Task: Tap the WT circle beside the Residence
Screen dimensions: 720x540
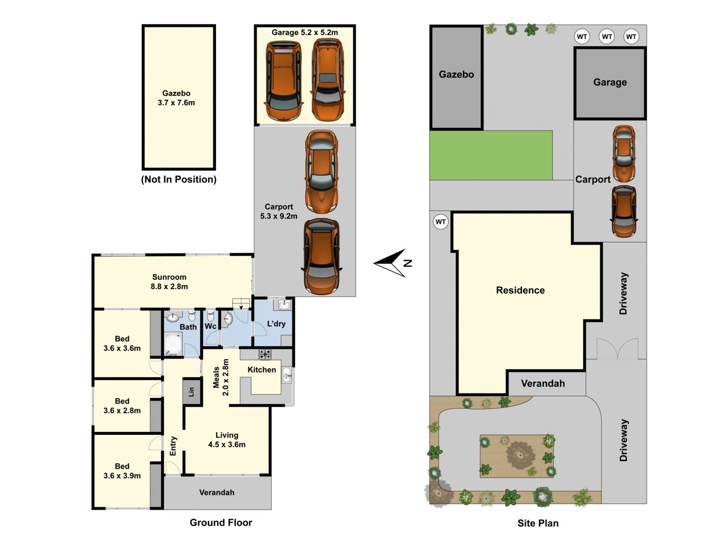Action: click(441, 222)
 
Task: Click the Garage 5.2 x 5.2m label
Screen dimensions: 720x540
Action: click(305, 33)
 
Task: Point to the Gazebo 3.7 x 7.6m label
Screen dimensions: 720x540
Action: click(176, 98)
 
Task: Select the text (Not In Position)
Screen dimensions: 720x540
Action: click(179, 179)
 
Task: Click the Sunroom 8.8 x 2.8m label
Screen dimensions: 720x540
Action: click(169, 282)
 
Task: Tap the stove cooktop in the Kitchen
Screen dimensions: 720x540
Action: click(265, 354)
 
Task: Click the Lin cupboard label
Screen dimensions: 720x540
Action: click(191, 391)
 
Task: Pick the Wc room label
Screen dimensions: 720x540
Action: click(210, 326)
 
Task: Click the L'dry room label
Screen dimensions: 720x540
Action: click(276, 324)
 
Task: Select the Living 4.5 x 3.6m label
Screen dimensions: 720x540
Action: click(227, 439)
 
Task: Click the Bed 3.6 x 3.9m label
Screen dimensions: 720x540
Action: click(122, 471)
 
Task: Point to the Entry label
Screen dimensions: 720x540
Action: click(173, 446)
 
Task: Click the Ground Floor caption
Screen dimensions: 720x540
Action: click(221, 522)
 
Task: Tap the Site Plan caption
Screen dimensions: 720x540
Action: click(538, 523)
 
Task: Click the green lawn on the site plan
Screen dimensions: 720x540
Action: click(491, 155)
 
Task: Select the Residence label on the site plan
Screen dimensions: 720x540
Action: click(520, 290)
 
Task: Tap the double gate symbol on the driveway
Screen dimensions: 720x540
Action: click(618, 348)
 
